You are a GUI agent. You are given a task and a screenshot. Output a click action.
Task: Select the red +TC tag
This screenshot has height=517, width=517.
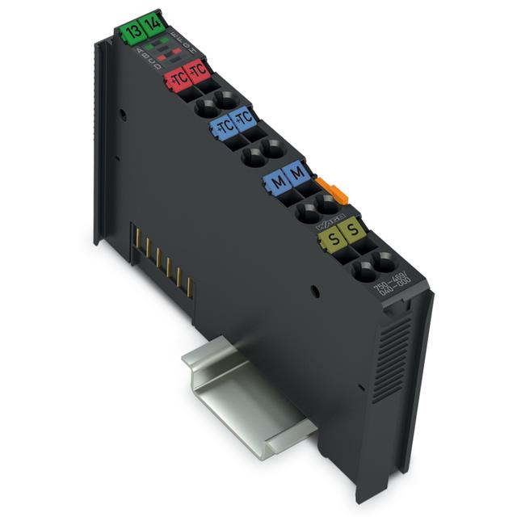tap(177, 78)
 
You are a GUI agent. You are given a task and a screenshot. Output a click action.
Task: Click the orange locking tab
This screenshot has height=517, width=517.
tap(328, 190)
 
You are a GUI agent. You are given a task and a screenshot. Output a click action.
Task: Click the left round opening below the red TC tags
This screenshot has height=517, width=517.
tap(205, 103)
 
